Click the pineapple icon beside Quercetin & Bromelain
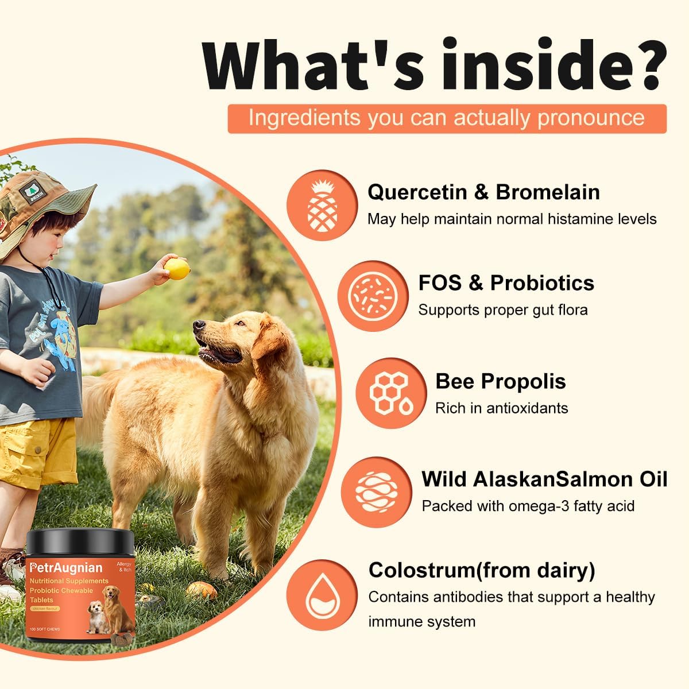(322, 206)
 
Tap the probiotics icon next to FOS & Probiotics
(373, 296)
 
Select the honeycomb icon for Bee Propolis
(391, 394)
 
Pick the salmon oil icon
(376, 491)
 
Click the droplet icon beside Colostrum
(322, 595)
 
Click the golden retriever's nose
(199, 326)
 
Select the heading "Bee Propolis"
(500, 381)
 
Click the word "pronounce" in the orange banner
(591, 118)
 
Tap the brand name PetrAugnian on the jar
(67, 568)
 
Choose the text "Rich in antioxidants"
(501, 408)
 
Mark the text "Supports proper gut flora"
(502, 310)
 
